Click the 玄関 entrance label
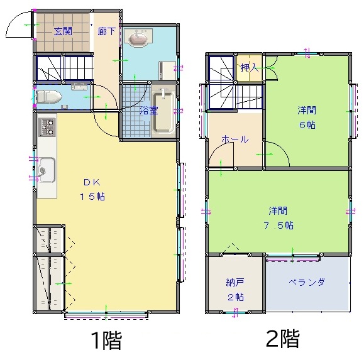(63, 31)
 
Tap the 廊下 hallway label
(106, 31)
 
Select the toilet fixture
(49, 97)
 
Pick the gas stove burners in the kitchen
(47, 127)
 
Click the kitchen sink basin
(47, 170)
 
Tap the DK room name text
(92, 182)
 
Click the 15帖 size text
(92, 197)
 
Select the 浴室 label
(149, 111)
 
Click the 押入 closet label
(250, 67)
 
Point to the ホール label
(235, 139)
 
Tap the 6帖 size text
(307, 125)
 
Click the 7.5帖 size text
(279, 225)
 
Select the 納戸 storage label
(235, 282)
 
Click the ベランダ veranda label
(306, 282)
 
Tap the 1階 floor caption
(106, 340)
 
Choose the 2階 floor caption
(282, 339)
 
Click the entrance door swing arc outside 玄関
(13, 21)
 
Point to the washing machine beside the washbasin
(167, 70)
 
